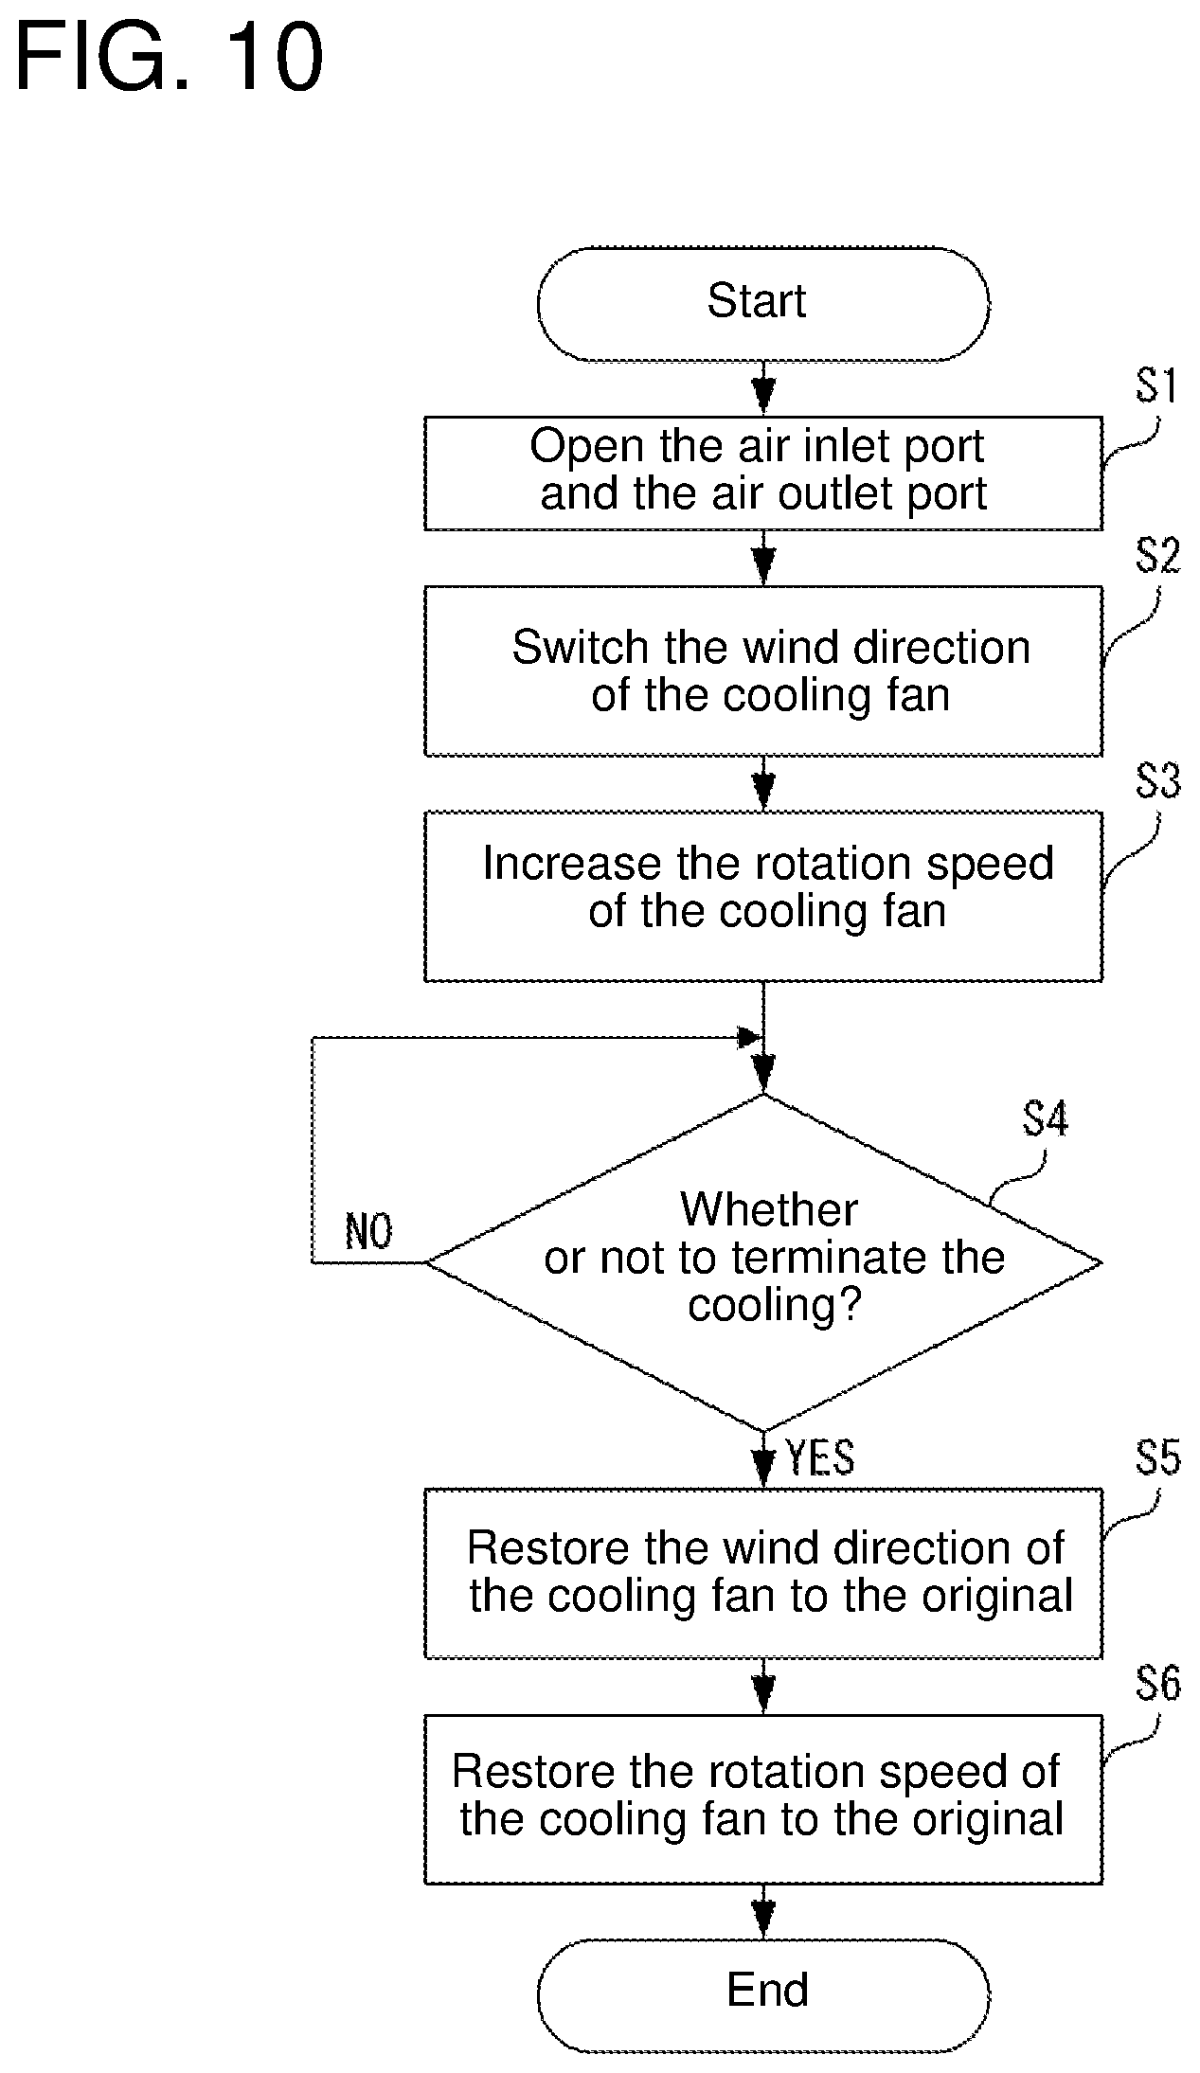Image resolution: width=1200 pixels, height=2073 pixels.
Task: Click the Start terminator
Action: (x=763, y=304)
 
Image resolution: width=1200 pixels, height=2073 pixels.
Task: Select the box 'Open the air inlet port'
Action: (x=763, y=473)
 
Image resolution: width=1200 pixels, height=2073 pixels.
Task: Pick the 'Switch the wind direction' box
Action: (x=763, y=670)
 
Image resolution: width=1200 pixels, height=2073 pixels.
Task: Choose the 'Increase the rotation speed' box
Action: (x=763, y=895)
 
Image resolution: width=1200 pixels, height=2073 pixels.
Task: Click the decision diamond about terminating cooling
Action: (x=763, y=1262)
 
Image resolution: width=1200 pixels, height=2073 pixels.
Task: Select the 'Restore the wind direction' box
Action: (x=763, y=1573)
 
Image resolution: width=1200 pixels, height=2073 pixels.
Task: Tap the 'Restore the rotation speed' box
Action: (x=763, y=1798)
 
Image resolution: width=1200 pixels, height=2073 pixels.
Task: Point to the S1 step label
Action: (x=1157, y=387)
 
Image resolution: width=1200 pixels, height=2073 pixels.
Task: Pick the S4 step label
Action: (x=1046, y=1119)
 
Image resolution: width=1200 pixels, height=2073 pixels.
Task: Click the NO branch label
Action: (x=368, y=1232)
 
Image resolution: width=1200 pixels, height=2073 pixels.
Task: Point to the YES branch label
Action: (x=820, y=1458)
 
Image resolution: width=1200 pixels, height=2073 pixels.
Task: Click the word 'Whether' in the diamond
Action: (x=769, y=1209)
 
